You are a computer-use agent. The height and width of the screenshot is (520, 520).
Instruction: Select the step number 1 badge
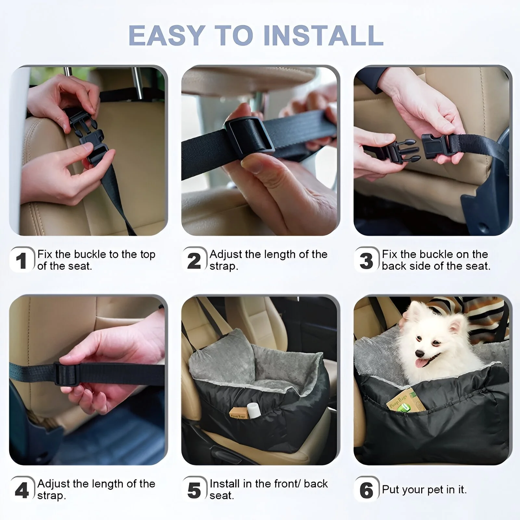[x=22, y=260]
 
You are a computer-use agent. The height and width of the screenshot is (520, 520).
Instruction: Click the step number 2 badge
[x=194, y=260]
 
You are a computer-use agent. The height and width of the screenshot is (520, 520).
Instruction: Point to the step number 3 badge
[x=367, y=260]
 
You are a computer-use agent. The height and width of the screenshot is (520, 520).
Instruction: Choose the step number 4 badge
[x=22, y=489]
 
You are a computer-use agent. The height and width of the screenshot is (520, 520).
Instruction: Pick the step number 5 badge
[x=194, y=489]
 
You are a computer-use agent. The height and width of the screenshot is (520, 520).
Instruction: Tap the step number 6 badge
[x=367, y=489]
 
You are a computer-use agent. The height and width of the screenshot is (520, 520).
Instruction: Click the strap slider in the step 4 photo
[x=67, y=374]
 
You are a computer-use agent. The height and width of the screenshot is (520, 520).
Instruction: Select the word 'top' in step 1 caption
[x=148, y=255]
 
